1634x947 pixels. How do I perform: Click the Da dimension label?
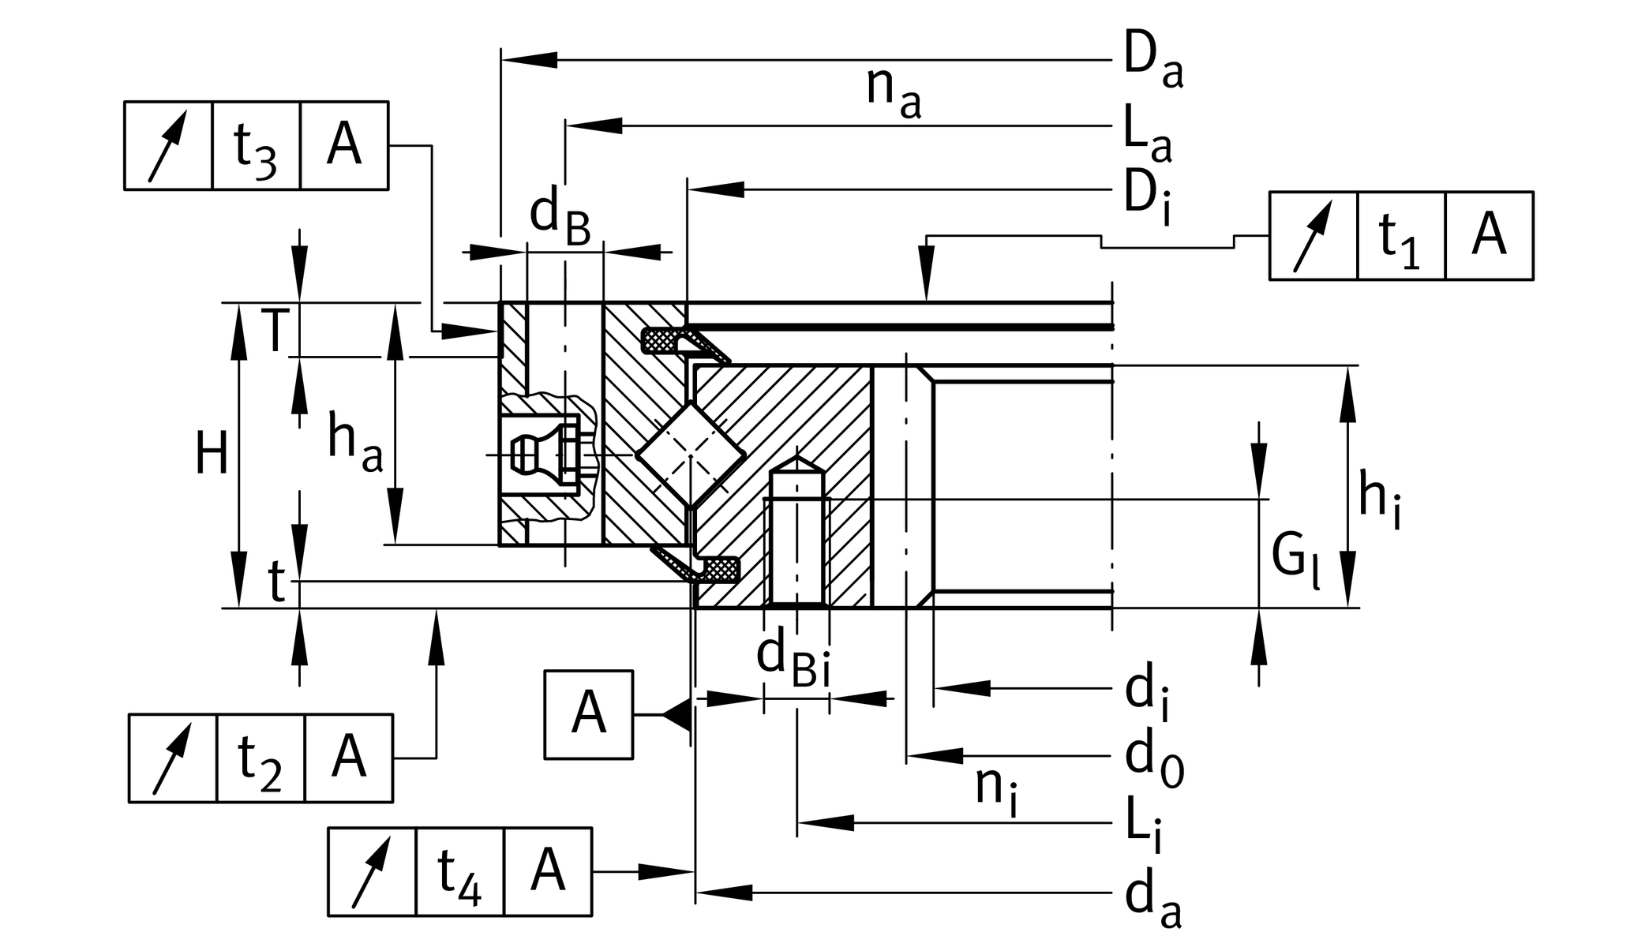click(1152, 62)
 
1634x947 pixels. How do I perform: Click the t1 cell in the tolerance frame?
click(1400, 236)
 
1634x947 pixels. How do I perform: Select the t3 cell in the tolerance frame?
click(256, 146)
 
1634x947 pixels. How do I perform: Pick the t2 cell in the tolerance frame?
click(260, 758)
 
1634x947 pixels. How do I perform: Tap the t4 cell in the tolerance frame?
click(459, 872)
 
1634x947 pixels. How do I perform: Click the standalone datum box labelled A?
click(588, 715)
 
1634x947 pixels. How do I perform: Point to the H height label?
click(211, 456)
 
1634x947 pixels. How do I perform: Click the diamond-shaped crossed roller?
click(691, 455)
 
